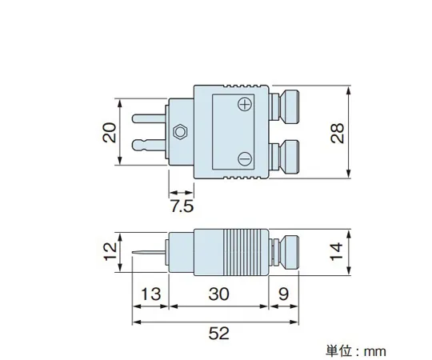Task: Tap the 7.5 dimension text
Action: coord(182,207)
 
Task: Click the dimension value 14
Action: coord(339,253)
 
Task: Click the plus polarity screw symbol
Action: coord(246,105)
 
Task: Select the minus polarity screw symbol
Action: coord(246,158)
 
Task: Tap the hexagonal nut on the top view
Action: coord(182,131)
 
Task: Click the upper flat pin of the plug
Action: coord(146,118)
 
